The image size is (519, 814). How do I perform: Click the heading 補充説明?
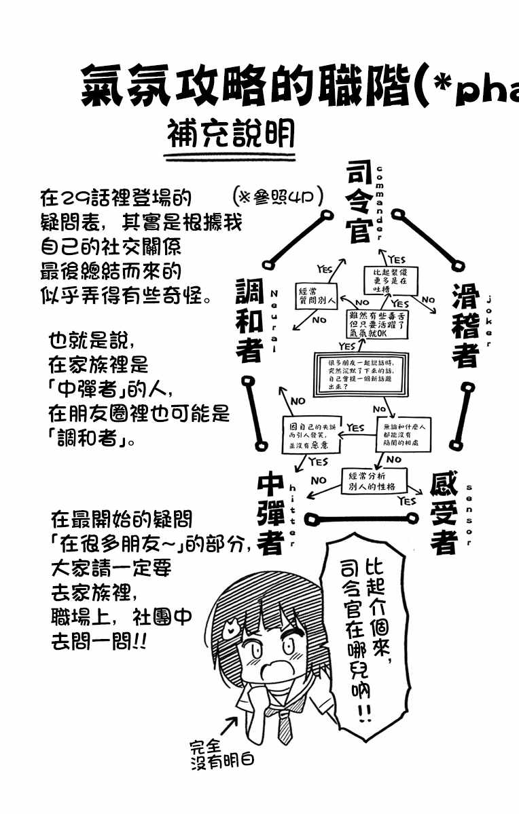230,136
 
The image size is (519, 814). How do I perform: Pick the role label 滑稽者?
466,325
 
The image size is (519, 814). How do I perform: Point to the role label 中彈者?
270,513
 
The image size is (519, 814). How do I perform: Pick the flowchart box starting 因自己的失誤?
311,436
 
